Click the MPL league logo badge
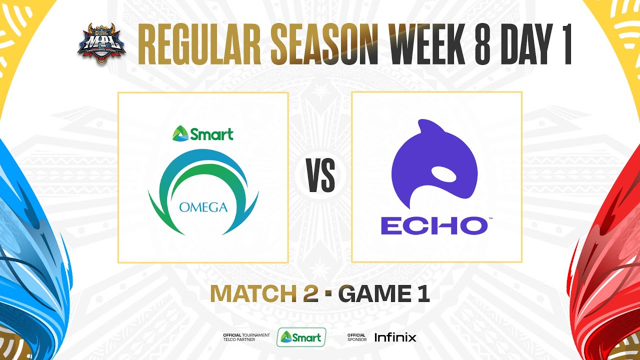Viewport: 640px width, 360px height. [x=101, y=43]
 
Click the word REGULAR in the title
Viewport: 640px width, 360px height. [x=199, y=44]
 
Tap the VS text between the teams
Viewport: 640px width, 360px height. [x=321, y=175]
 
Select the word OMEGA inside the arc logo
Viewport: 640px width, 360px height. [x=203, y=207]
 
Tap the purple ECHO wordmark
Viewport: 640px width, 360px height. [x=434, y=225]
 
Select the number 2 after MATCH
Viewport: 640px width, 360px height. [x=310, y=293]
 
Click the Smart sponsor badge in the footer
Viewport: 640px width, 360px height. [x=301, y=337]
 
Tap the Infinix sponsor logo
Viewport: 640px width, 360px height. [x=395, y=337]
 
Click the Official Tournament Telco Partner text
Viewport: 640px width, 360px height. [x=246, y=337]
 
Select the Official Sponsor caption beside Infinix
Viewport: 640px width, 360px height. [x=357, y=337]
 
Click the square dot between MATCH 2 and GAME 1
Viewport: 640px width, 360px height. [x=328, y=293]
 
